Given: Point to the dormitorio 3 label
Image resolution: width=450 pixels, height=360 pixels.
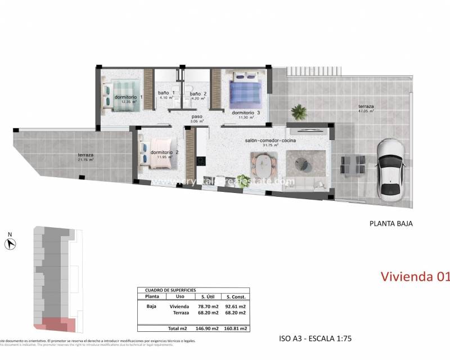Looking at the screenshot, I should [x=246, y=112].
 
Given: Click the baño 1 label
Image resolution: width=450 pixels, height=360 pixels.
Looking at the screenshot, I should [x=166, y=93].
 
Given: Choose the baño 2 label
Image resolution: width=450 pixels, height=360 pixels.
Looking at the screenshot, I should [x=198, y=93].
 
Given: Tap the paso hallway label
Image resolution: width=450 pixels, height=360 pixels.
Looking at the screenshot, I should [x=197, y=116].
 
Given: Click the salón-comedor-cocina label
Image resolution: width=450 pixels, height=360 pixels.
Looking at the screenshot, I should [x=271, y=140].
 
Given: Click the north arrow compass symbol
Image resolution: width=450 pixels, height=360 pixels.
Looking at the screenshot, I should [x=10, y=244].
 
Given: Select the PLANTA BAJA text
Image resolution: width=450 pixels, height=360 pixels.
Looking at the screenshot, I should [x=390, y=223].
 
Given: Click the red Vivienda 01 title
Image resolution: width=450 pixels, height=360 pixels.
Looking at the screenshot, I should [x=415, y=276].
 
